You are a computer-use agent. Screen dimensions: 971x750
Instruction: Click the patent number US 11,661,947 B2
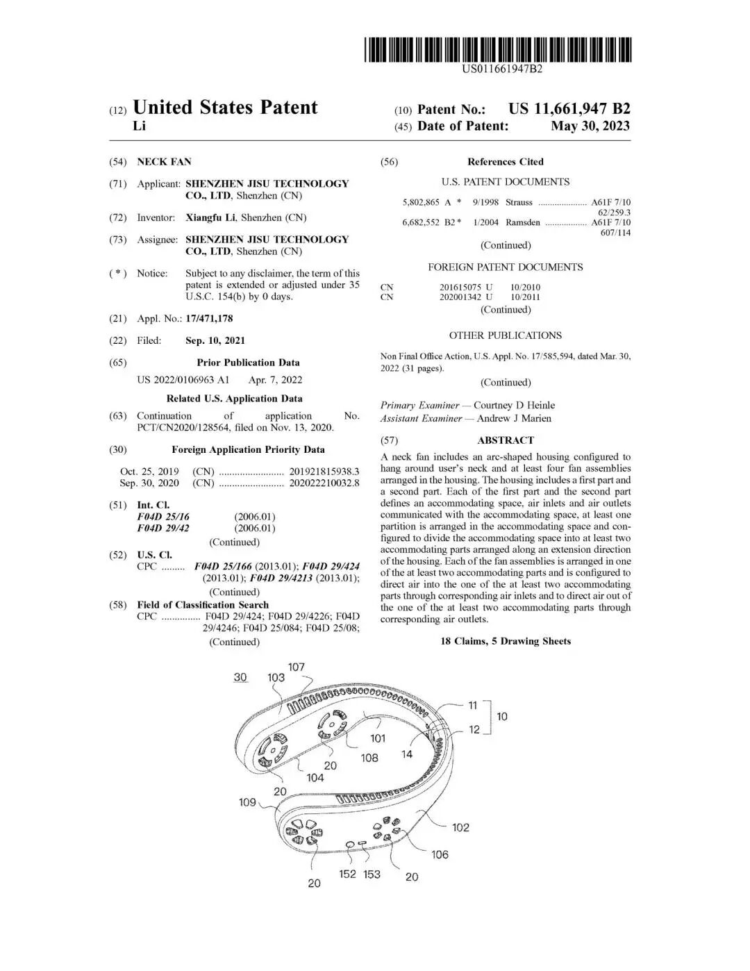point(569,109)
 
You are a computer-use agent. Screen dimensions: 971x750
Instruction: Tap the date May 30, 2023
point(590,126)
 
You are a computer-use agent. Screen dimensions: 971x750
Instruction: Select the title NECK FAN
point(164,162)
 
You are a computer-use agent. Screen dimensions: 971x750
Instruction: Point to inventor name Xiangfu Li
point(211,217)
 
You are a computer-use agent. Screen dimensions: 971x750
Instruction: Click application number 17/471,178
point(209,319)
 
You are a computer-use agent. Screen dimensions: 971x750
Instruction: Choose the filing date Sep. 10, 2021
point(215,340)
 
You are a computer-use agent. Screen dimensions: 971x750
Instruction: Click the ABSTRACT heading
point(506,440)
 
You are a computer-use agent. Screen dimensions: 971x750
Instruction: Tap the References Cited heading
point(505,162)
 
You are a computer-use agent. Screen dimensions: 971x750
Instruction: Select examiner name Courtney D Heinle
point(514,405)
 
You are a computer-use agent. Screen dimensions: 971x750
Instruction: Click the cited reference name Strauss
point(519,202)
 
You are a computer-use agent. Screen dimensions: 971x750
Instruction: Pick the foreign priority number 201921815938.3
point(324,472)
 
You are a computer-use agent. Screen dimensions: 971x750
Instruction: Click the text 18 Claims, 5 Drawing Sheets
point(506,641)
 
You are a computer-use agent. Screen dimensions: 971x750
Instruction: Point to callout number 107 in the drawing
point(297,667)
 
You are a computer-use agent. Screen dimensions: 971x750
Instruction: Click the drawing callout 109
point(247,802)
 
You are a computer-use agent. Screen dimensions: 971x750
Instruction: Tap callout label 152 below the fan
point(347,874)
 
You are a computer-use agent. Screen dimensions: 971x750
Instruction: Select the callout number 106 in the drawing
point(440,854)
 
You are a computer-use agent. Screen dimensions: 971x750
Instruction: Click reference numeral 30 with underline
point(240,677)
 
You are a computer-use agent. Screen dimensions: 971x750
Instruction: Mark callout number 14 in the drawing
point(407,754)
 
